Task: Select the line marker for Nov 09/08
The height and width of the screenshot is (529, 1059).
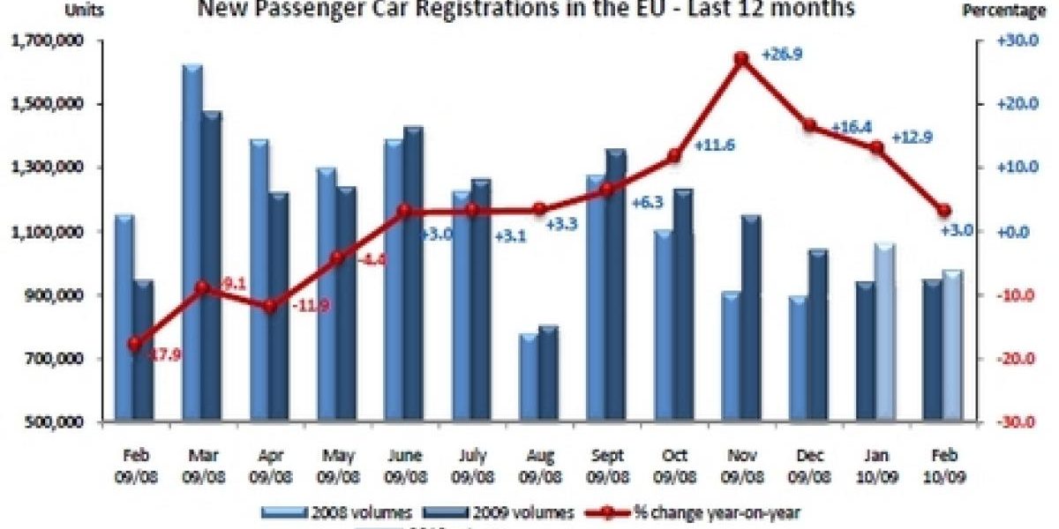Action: pos(741,59)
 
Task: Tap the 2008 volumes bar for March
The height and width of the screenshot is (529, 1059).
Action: pos(192,242)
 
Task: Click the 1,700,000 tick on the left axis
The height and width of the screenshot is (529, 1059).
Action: pos(47,41)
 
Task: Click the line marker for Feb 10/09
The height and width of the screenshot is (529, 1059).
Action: pos(944,211)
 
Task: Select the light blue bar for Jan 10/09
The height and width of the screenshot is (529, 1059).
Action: pos(885,332)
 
